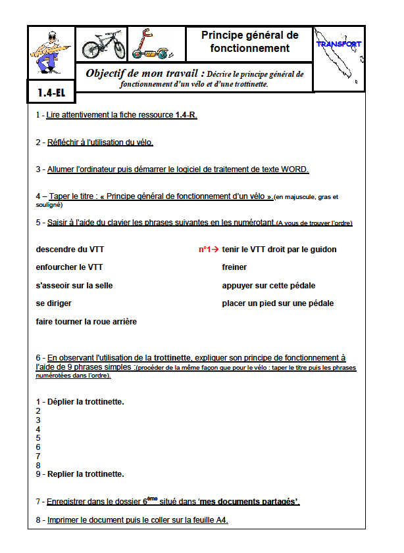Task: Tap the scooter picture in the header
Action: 153,45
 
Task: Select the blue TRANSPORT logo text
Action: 338,44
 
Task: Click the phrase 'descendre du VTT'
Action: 70,250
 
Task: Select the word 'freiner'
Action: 234,267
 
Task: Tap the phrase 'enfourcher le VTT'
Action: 69,267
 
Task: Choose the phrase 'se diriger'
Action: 54,303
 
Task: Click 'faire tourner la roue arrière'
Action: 86,322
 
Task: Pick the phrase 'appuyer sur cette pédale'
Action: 268,286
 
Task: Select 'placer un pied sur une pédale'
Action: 278,303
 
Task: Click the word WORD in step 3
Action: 294,169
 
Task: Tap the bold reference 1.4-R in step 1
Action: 186,115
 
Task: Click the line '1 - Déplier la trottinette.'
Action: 80,401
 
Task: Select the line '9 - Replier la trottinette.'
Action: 80,474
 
